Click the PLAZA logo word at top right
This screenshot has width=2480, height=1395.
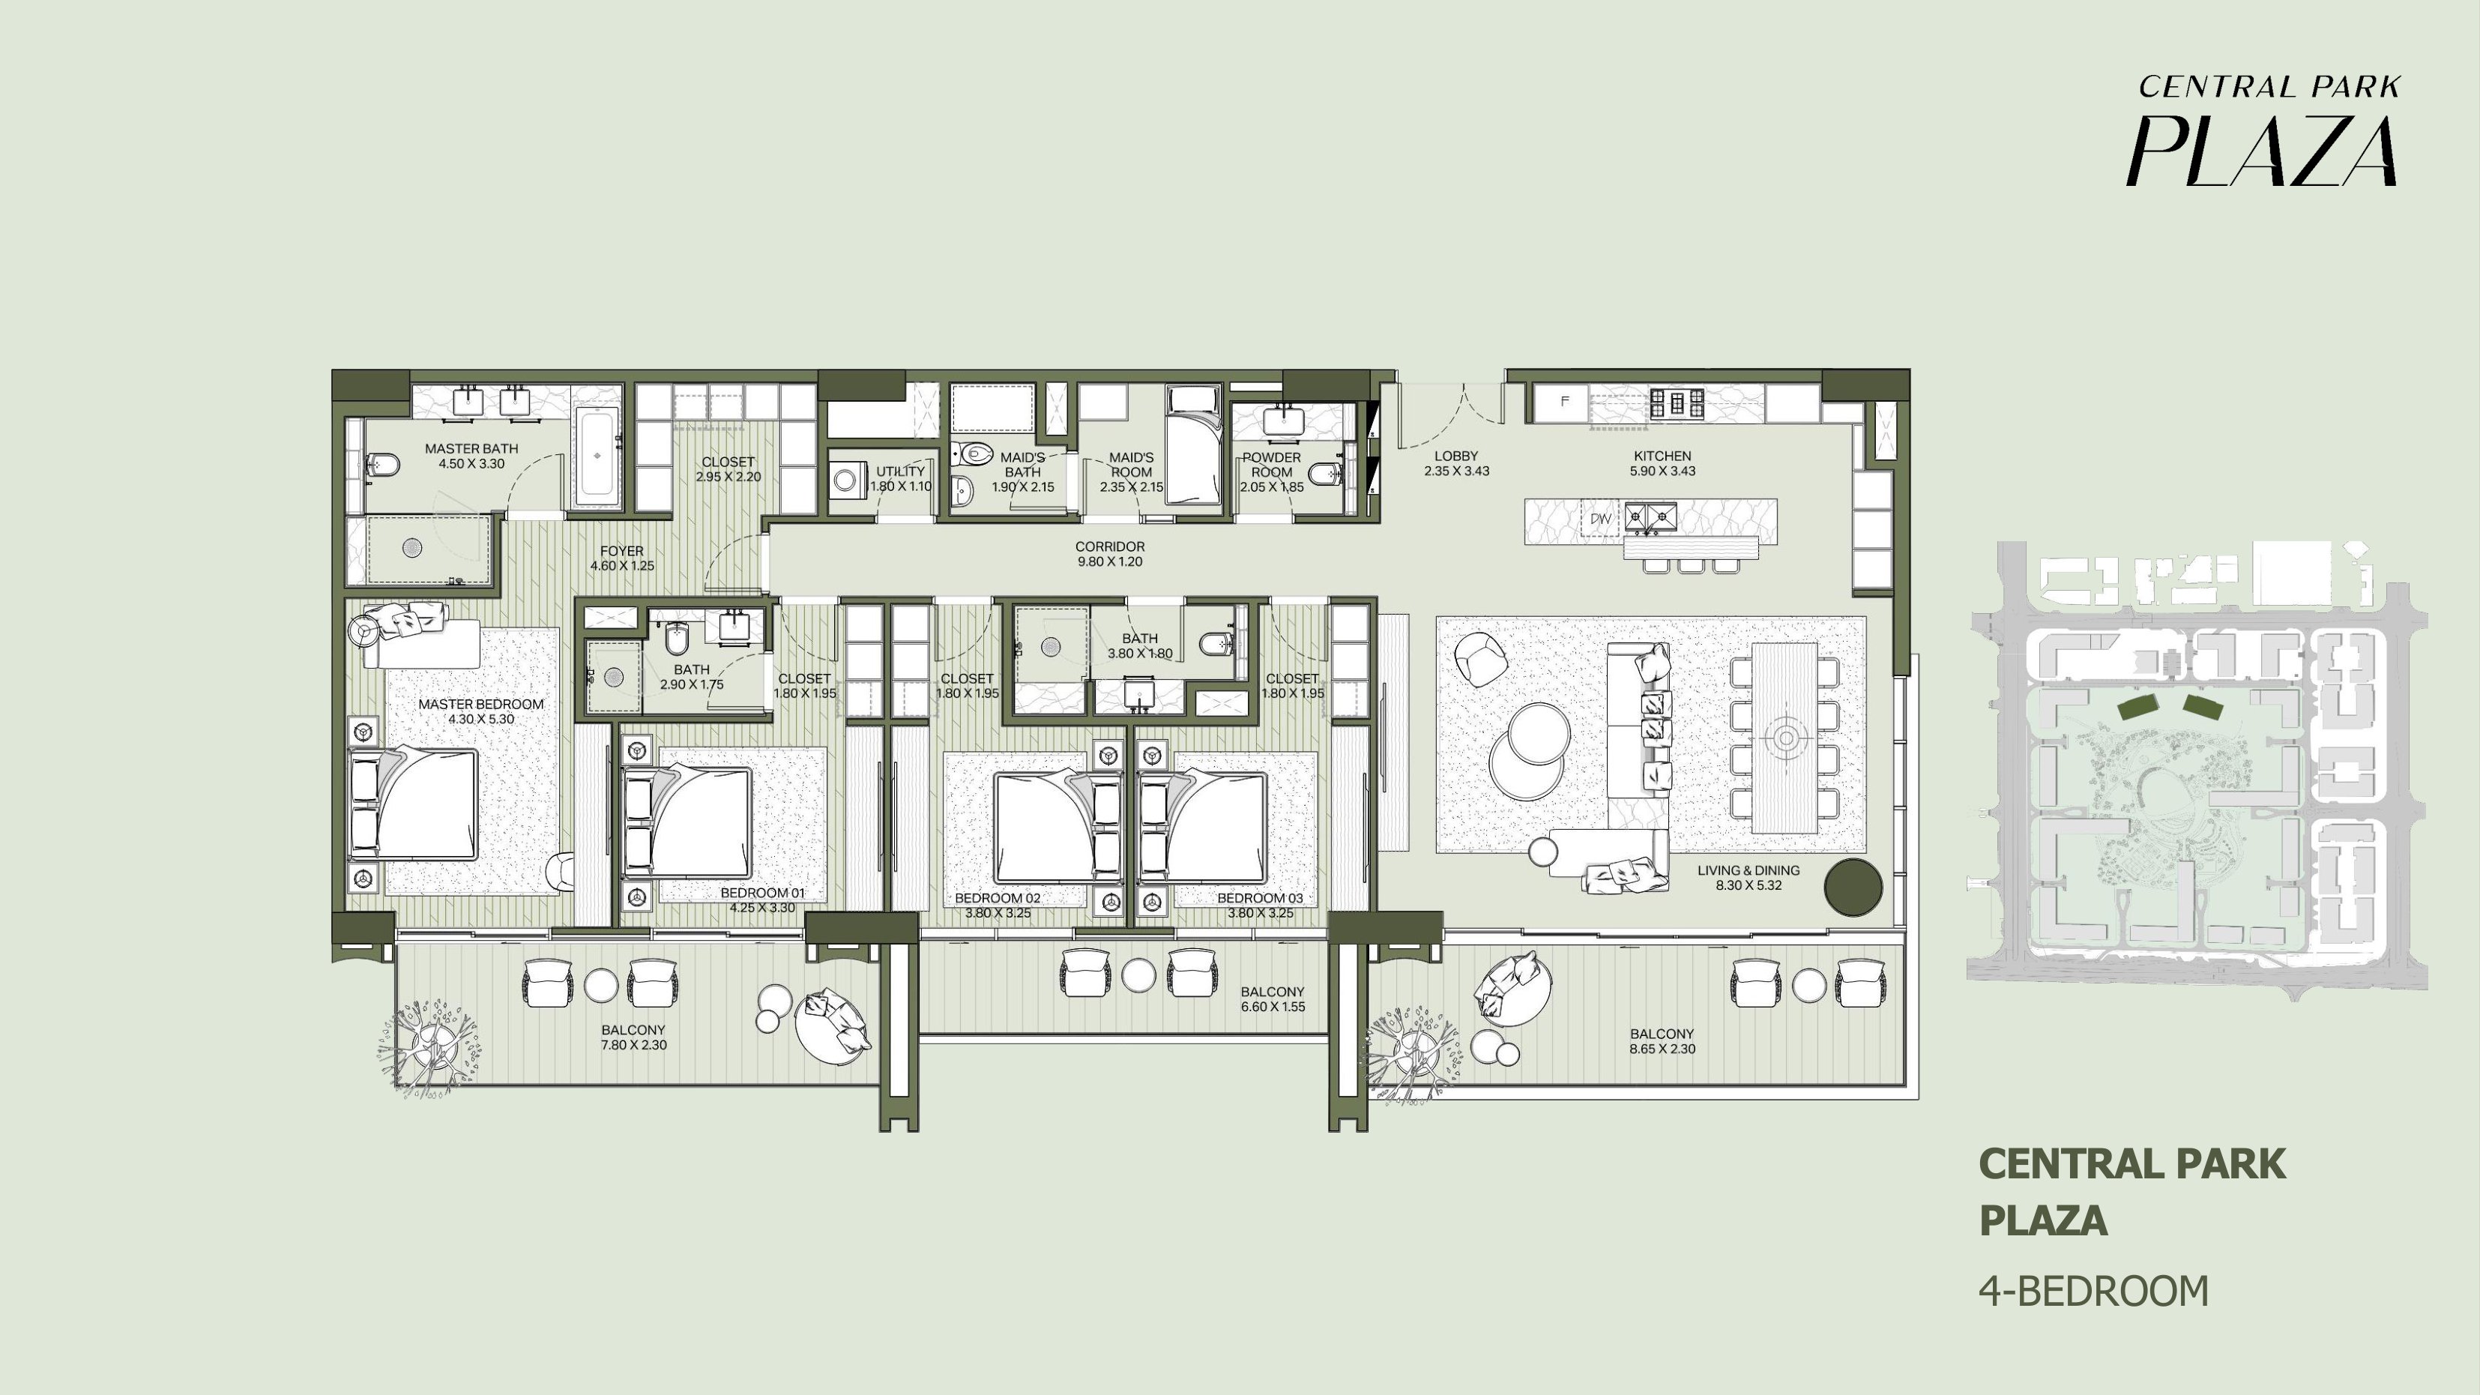2261,151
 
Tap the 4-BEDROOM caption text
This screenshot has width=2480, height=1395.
2094,1291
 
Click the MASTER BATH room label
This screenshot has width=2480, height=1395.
471,448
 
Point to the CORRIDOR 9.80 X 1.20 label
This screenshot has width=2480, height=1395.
1110,553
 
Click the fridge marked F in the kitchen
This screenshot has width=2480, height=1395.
1563,402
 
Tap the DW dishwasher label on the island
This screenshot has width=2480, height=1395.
1600,519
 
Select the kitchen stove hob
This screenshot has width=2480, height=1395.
1676,403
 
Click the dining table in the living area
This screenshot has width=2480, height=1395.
1784,738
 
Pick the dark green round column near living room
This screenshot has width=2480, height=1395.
1852,888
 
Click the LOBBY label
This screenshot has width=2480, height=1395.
1455,457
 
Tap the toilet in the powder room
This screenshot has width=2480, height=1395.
1326,473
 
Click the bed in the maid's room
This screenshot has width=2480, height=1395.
1195,445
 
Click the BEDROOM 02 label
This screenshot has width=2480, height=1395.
998,898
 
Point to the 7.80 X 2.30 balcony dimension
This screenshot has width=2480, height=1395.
633,1046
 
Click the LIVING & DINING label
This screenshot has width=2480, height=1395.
1749,870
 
